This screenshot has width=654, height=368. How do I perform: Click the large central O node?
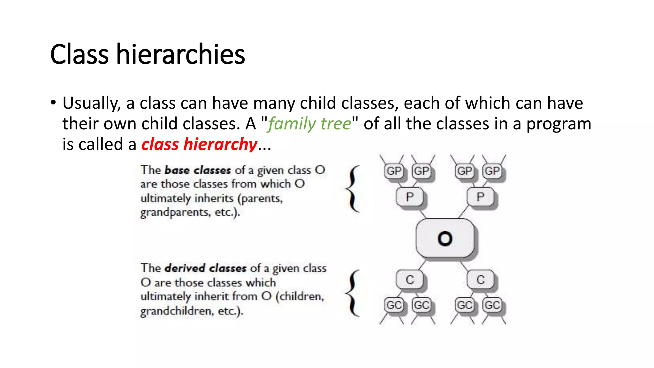pos(445,238)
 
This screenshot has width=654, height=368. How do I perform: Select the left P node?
pos(409,197)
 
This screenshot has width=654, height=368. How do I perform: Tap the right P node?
pos(480,197)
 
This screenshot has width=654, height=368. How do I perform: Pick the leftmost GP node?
pos(394,171)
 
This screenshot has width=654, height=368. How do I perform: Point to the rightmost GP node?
pos(492,171)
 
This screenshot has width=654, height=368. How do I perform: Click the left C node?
pos(410,280)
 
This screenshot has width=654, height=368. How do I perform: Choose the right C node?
pos(481,280)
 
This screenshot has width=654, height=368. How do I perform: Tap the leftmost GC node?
pos(394,305)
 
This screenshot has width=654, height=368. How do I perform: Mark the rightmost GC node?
pos(492,305)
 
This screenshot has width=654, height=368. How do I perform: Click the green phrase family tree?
pos(309,124)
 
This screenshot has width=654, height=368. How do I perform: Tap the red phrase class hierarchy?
pos(199,144)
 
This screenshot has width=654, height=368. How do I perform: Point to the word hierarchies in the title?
pos(180,54)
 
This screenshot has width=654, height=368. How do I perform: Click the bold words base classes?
pos(198,170)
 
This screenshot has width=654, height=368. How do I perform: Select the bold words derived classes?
pos(205,268)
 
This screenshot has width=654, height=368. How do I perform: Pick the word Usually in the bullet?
pos(91,103)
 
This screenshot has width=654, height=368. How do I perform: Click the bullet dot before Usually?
pos(53,103)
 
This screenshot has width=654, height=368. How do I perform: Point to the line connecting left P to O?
pos(423,214)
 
